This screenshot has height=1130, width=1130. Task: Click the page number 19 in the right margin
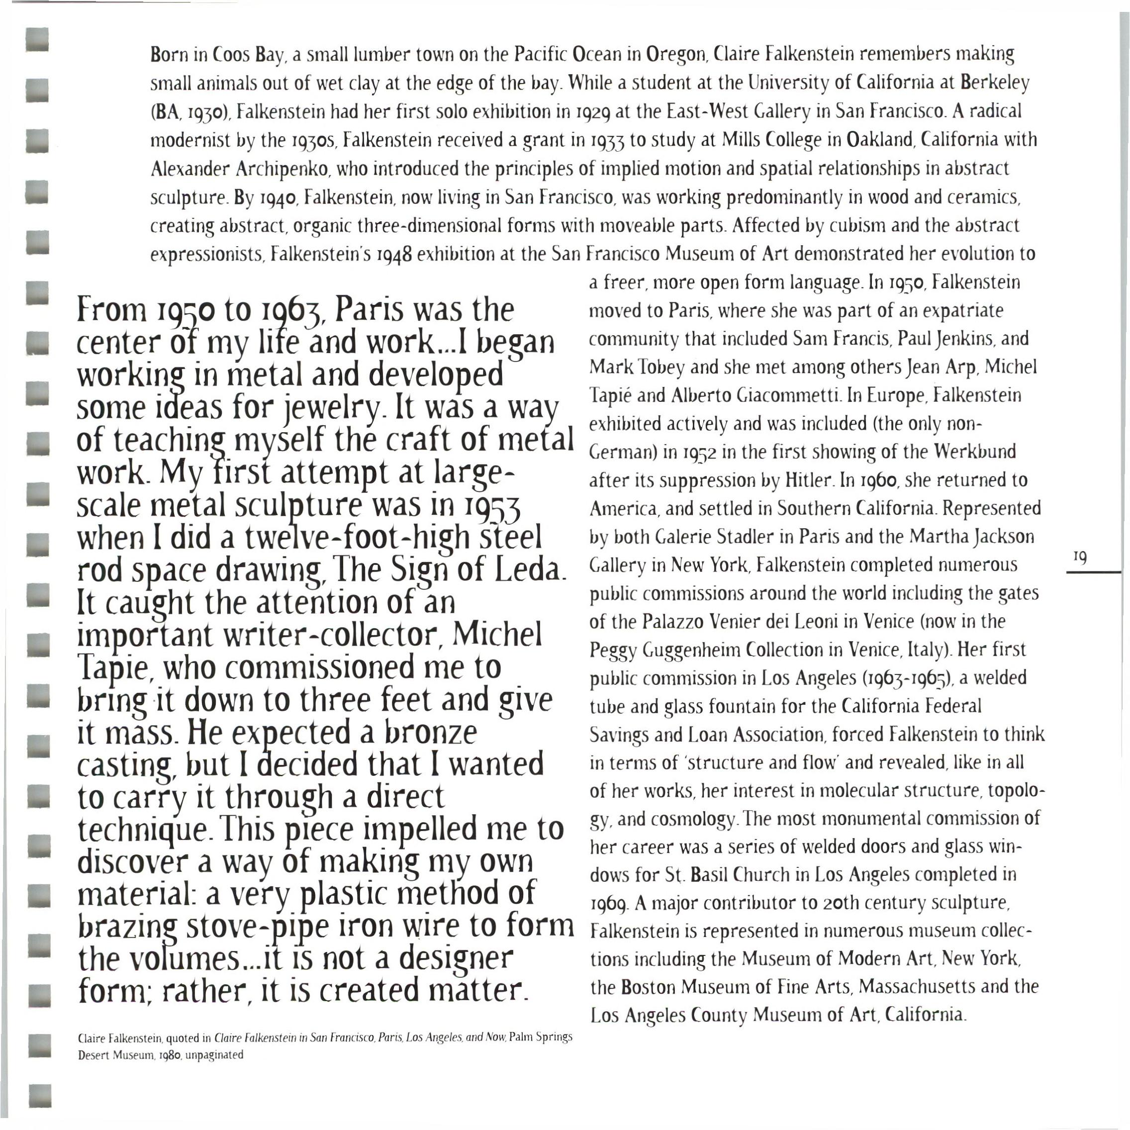pos(1080,558)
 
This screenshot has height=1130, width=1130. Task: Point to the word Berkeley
pos(994,84)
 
